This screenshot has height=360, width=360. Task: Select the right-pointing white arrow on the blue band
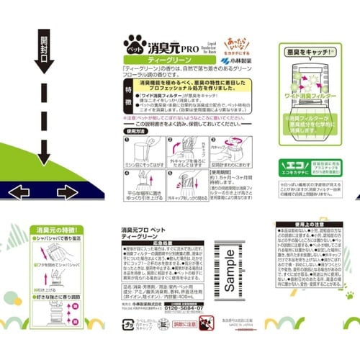click(66, 192)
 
